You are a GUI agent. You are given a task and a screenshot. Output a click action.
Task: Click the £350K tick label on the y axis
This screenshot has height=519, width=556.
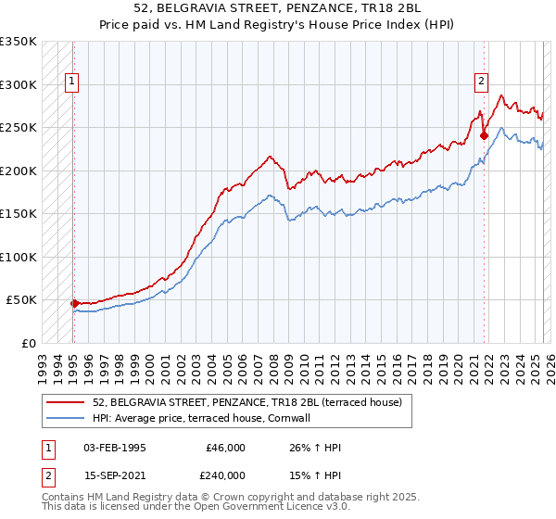(x=18, y=42)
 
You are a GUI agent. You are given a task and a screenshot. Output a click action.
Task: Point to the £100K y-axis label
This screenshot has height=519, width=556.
(x=18, y=257)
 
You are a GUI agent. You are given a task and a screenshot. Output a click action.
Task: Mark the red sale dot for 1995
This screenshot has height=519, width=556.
(x=74, y=303)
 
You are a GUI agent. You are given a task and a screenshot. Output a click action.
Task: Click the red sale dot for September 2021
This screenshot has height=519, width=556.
(x=484, y=136)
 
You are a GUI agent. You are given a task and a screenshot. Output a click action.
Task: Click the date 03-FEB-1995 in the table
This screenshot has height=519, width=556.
(x=115, y=448)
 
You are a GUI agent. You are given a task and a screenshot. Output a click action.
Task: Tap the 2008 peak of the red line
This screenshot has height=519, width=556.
(x=269, y=157)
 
